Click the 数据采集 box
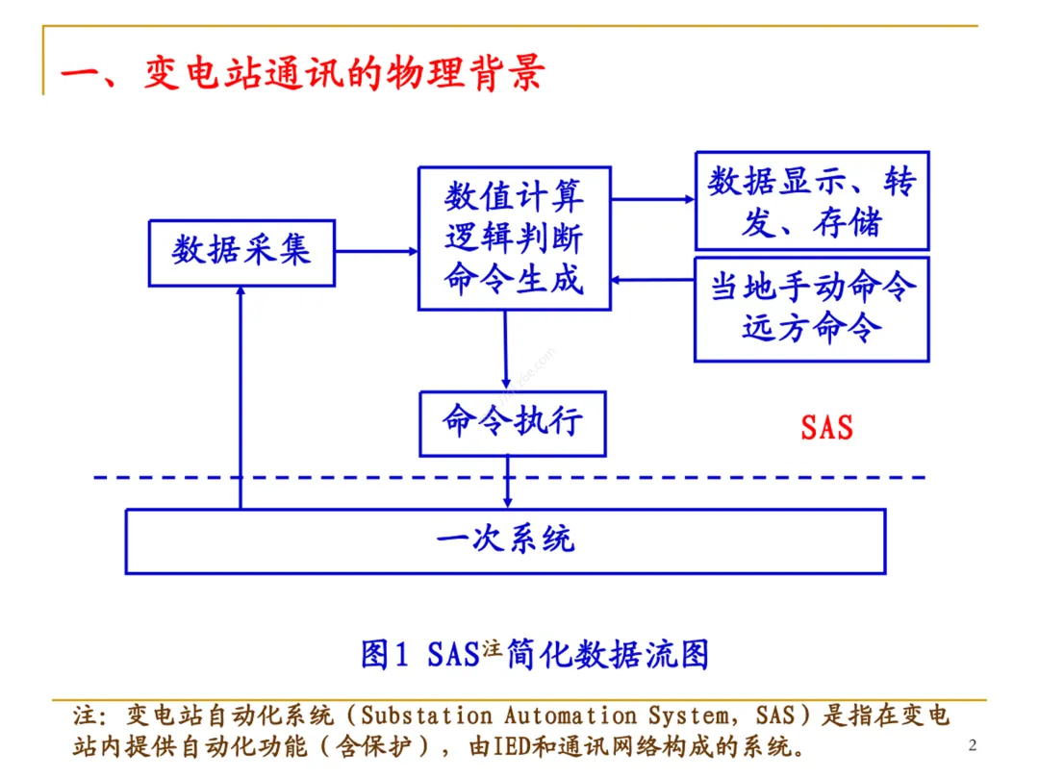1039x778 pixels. coord(241,252)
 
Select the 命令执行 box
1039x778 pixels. coord(512,423)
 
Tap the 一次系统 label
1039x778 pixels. coord(505,539)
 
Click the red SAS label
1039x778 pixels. coord(826,427)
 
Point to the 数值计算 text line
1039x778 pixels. coord(514,199)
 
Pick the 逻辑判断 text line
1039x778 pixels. coord(514,239)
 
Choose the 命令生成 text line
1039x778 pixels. coord(514,280)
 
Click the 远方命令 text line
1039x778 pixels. coord(812,328)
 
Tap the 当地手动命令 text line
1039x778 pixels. coord(812,287)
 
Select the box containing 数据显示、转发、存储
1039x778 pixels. coord(812,201)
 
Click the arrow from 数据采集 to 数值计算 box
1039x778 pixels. coord(376,252)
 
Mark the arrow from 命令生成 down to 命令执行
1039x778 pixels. coord(505,350)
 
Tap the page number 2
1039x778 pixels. coord(972,745)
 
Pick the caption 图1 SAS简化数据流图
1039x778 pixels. coord(535,654)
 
